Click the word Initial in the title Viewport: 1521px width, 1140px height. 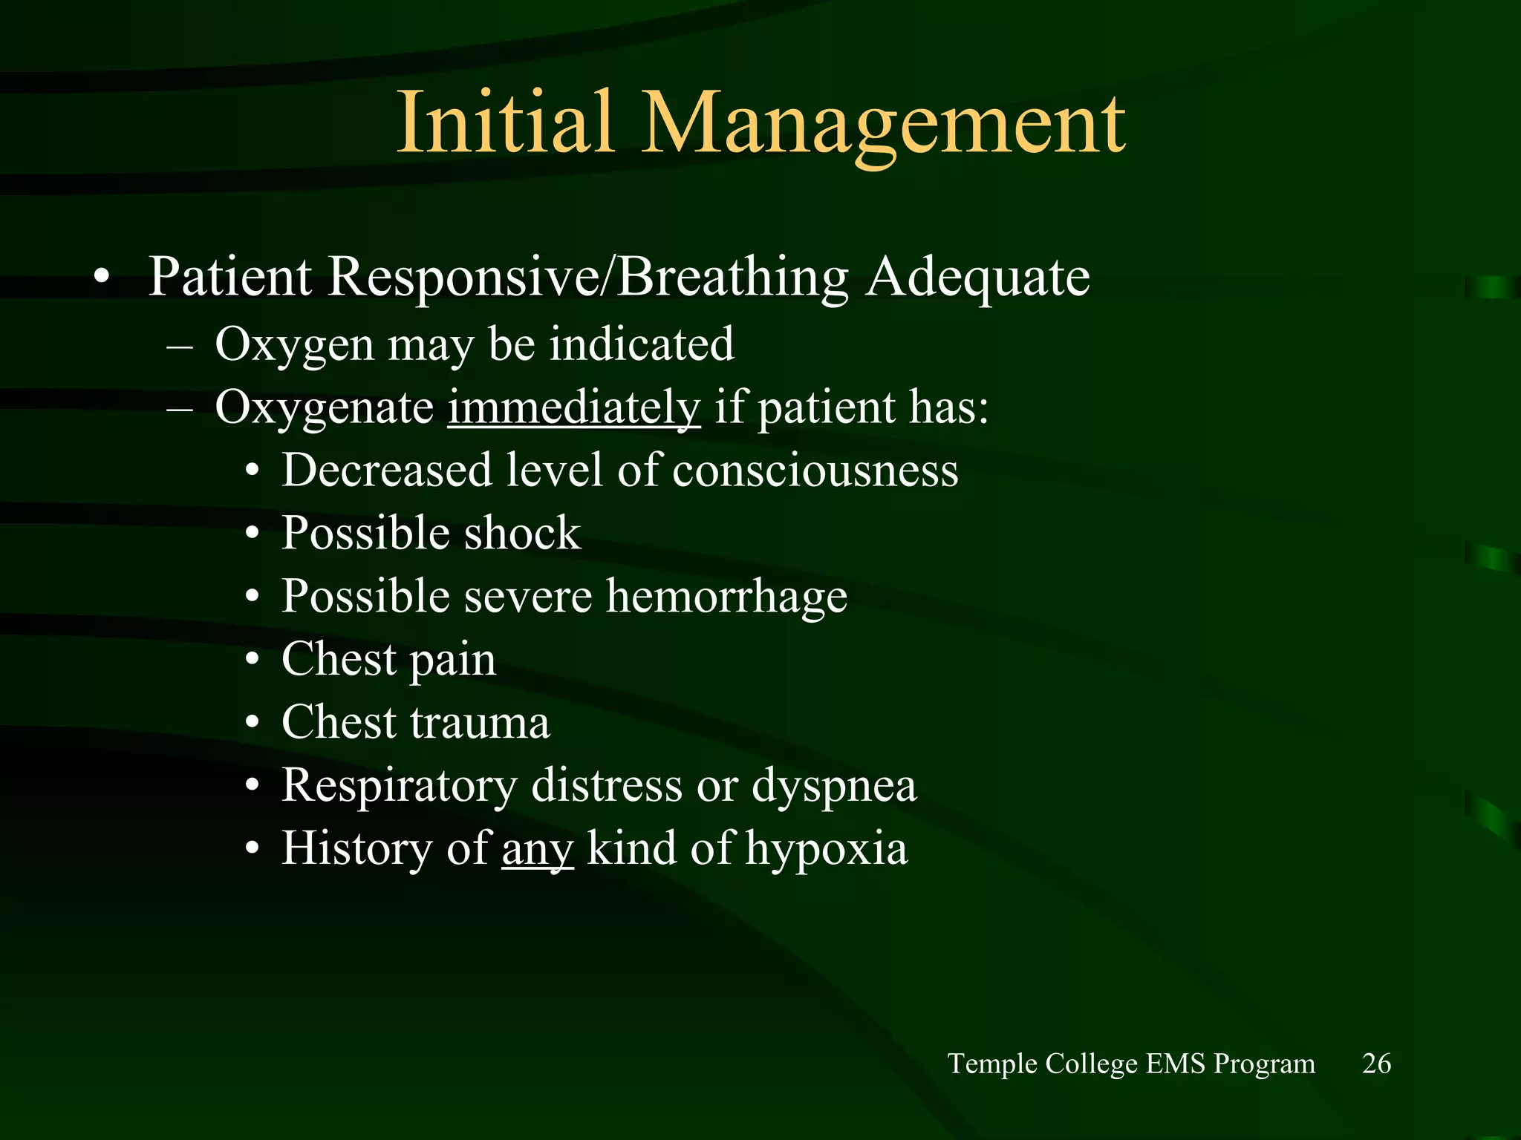coord(506,122)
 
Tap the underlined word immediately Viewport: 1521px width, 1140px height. coord(573,407)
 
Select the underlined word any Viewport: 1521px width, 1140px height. coord(538,848)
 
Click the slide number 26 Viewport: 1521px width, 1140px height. coord(1376,1064)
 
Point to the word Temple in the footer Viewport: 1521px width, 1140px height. coord(993,1064)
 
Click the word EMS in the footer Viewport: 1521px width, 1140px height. coord(1176,1064)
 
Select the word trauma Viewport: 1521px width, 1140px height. coord(480,723)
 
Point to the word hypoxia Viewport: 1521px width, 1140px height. coord(826,848)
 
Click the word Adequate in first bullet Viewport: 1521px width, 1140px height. coord(978,277)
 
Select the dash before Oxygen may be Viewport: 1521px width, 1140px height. coord(180,347)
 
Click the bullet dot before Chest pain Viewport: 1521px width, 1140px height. coord(253,661)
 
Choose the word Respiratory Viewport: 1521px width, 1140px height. coord(399,786)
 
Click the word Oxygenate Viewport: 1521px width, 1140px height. coord(324,407)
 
